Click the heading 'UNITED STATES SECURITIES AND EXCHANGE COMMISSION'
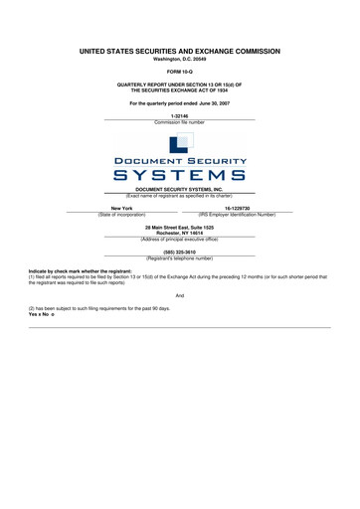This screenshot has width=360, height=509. click(179, 49)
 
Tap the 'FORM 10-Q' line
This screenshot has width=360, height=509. click(179, 73)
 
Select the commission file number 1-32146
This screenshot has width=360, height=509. click(179, 116)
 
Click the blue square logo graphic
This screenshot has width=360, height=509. click(179, 143)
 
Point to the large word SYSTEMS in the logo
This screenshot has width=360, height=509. click(179, 175)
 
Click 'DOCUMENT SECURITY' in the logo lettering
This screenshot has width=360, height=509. click(179, 160)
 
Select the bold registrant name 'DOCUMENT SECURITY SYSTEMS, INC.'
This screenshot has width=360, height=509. click(179, 188)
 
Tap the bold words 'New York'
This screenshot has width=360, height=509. click(122, 207)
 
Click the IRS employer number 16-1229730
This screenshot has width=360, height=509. click(237, 207)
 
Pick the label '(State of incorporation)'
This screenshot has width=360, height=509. click(122, 214)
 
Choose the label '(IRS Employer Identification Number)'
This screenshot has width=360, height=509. click(237, 214)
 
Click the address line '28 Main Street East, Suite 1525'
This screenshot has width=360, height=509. click(179, 227)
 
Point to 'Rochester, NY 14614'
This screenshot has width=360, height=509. click(179, 233)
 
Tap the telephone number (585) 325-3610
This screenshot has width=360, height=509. click(179, 252)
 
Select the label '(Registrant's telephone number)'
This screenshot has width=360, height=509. click(179, 258)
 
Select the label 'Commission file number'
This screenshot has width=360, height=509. click(179, 123)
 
